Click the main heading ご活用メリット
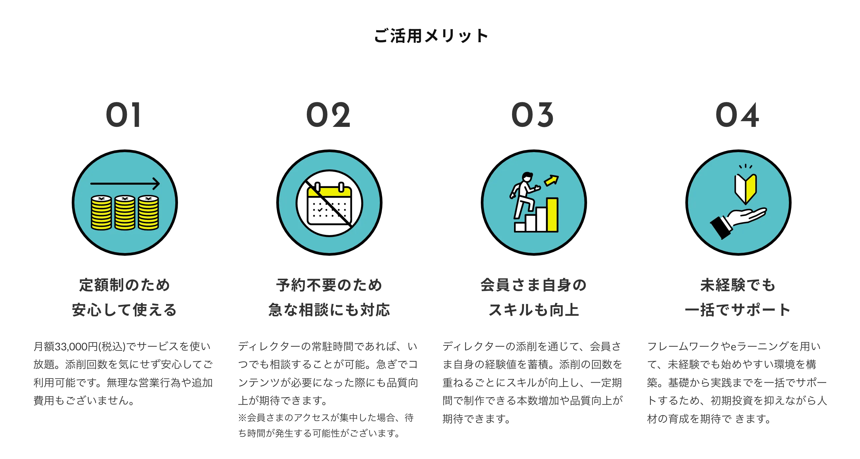click(x=430, y=36)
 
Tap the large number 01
click(x=124, y=115)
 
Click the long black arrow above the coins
click(x=125, y=183)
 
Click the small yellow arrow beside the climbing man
click(x=551, y=180)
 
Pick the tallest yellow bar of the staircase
click(x=552, y=215)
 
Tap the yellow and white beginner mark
click(x=745, y=188)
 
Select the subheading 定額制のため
click(x=125, y=285)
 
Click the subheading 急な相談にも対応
click(x=329, y=310)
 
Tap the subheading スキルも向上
click(x=534, y=310)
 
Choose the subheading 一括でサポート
click(x=738, y=310)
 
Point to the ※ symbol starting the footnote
click(x=242, y=417)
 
